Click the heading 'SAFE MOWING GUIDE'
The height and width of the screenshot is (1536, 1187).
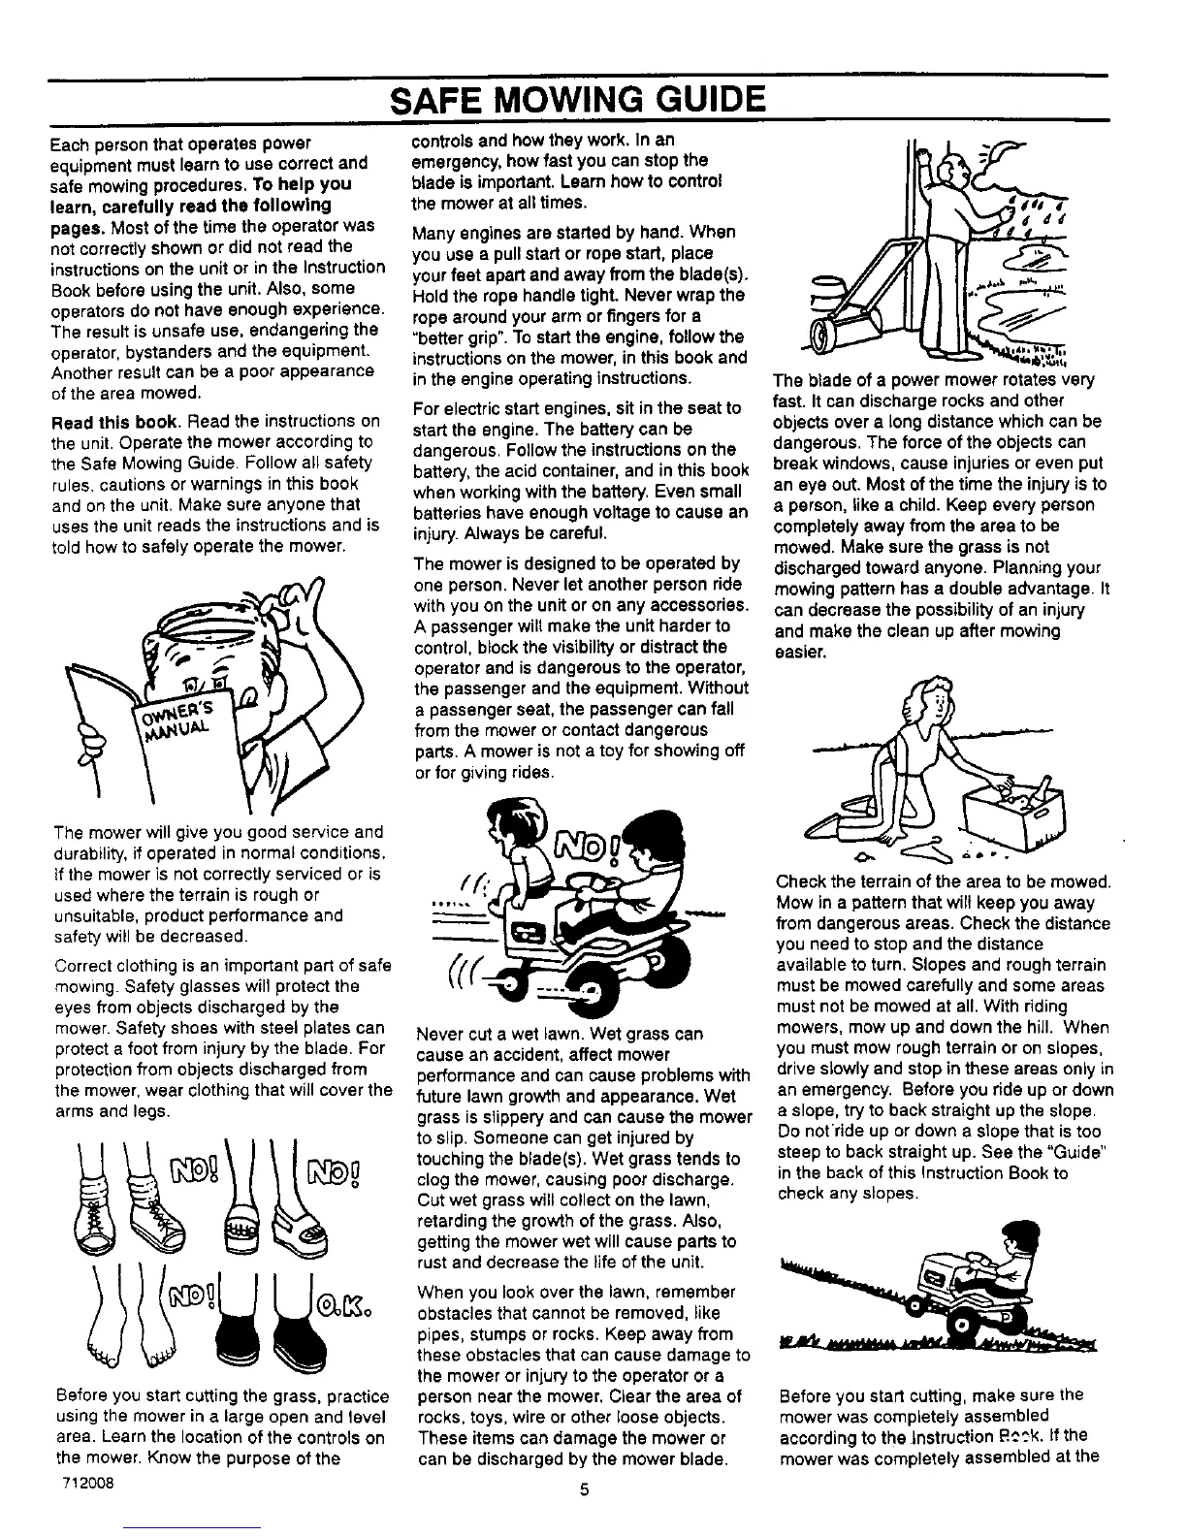coord(578,100)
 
